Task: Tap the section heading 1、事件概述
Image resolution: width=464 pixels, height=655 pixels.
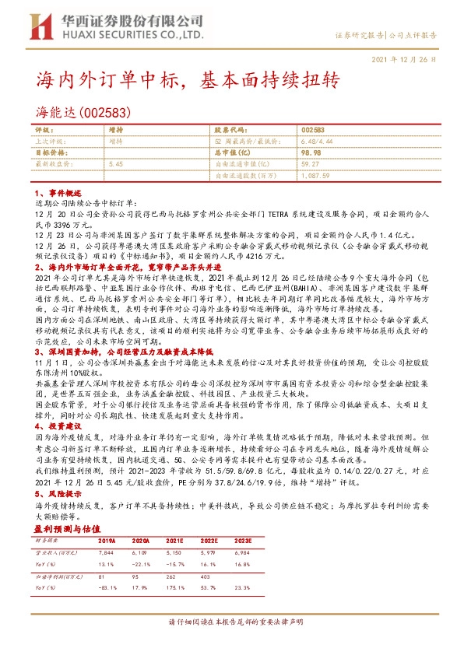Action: point(55,191)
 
